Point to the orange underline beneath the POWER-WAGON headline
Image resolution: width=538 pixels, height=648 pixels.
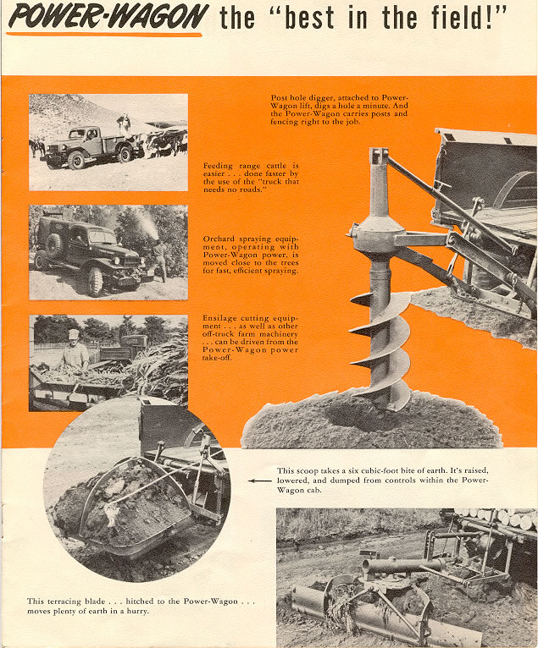105,35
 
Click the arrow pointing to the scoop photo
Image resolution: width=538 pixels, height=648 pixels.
259,481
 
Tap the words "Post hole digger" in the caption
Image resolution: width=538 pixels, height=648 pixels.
301,98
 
